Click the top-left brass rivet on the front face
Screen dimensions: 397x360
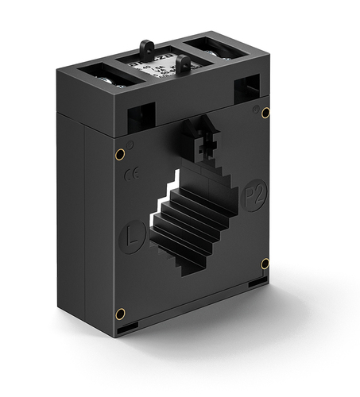(120, 153)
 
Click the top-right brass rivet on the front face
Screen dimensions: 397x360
(265, 112)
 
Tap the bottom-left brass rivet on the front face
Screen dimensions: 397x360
(120, 312)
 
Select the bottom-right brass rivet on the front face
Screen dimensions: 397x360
(265, 263)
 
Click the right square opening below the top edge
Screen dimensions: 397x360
(247, 85)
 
